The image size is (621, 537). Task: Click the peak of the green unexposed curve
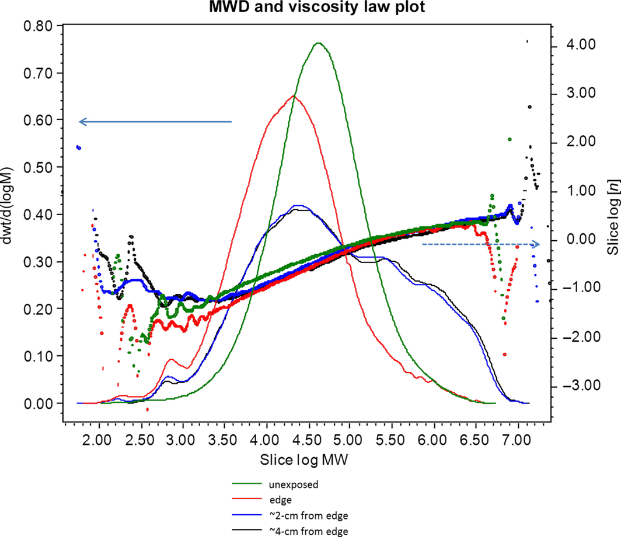[x=318, y=43]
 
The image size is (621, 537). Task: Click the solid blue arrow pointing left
[x=155, y=121]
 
